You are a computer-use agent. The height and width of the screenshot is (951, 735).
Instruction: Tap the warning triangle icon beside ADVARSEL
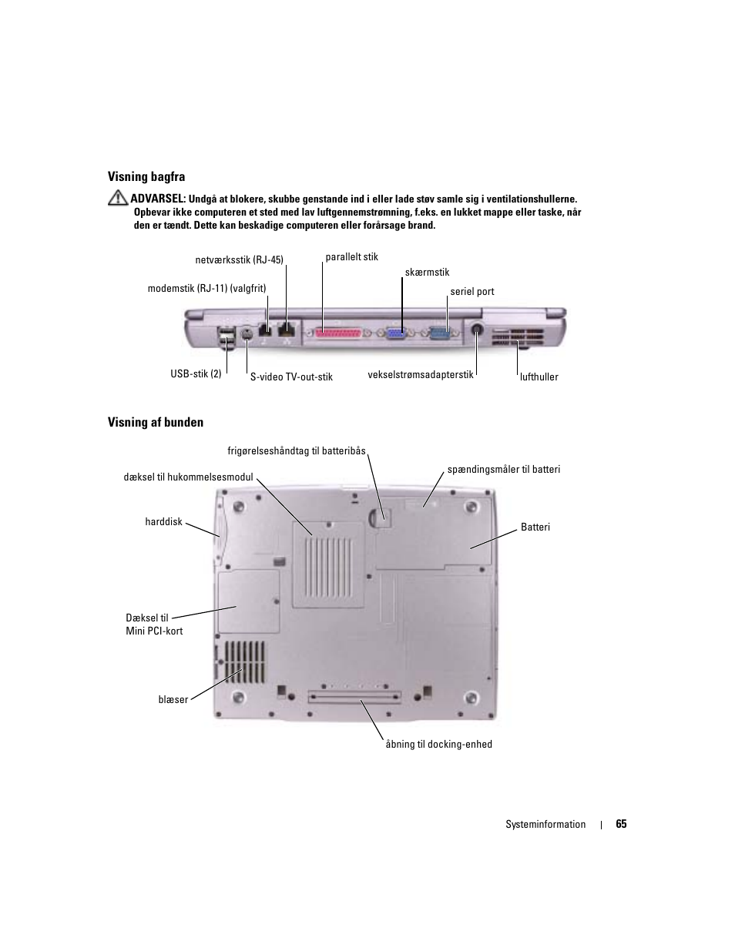(117, 198)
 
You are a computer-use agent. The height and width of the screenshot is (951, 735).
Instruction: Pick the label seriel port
(472, 292)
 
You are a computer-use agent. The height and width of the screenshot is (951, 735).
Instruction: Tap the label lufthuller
(539, 377)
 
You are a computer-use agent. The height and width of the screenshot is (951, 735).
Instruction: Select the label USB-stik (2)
(196, 374)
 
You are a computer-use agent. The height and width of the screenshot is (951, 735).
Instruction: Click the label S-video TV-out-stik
(291, 377)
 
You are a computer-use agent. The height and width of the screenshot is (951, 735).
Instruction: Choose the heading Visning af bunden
(156, 422)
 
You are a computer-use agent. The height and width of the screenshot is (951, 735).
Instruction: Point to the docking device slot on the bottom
(354, 697)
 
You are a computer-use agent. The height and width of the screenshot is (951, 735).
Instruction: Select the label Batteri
(535, 527)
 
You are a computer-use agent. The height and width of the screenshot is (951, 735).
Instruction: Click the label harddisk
(163, 522)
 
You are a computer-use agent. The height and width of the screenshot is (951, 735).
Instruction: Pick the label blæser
(173, 700)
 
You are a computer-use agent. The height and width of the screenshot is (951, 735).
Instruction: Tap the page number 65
(621, 824)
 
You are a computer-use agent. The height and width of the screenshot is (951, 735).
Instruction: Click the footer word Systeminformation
(545, 825)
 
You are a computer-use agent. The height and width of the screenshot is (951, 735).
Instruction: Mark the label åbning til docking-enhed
(438, 745)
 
